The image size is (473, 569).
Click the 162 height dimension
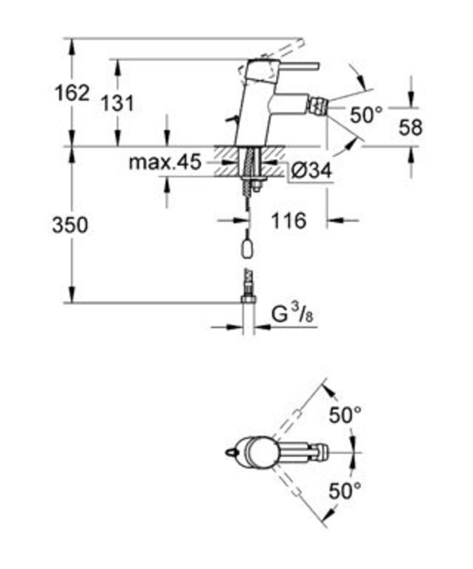point(72,93)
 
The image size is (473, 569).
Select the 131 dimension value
point(117,104)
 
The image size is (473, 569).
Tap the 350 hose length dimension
point(70,225)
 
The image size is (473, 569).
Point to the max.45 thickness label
point(165,162)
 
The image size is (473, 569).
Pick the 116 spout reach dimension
point(289,220)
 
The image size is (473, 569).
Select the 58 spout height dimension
point(411,128)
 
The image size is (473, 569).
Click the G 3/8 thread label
point(293,314)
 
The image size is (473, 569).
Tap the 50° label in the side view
point(366,115)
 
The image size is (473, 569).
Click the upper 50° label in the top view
point(345,415)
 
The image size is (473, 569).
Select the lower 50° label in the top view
point(345,491)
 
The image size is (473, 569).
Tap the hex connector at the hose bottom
point(248,299)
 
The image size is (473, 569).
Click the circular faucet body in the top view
point(259,453)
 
